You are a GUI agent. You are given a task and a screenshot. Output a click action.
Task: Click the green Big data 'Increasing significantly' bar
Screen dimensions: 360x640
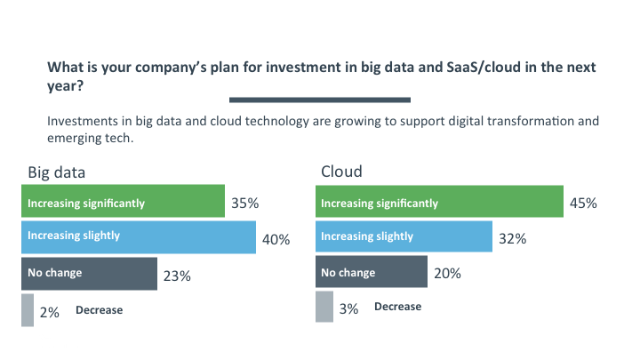[x=123, y=201]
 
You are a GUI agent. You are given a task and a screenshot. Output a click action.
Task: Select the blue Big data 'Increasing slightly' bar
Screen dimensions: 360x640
[x=138, y=237]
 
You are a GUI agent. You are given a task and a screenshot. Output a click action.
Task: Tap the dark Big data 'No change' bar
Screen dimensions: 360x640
[x=89, y=274]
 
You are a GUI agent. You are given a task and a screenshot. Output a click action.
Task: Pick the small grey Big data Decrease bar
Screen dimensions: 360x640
[x=27, y=309]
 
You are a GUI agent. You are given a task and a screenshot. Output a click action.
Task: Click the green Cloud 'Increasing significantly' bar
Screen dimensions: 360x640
[x=439, y=201]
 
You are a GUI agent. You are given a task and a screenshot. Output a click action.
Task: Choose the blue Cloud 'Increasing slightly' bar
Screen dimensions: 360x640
[x=404, y=237]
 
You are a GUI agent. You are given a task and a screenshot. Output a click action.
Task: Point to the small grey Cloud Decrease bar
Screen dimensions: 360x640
[x=324, y=307]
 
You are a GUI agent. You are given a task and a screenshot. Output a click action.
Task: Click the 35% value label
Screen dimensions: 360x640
[x=244, y=204]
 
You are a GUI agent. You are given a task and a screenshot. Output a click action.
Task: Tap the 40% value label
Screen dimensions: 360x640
[x=276, y=240]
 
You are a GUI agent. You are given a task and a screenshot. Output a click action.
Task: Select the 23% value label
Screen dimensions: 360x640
[x=178, y=276]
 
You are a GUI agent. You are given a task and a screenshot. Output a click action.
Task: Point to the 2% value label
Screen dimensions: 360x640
[x=49, y=313]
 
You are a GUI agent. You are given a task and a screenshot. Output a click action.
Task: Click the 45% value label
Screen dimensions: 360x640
[x=583, y=204]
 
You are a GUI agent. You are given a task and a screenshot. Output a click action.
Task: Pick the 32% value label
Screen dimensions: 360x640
[x=513, y=239]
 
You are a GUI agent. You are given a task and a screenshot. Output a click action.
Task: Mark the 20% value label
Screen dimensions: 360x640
[x=447, y=274]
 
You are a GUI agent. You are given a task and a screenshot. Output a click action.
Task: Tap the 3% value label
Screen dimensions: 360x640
[x=348, y=309]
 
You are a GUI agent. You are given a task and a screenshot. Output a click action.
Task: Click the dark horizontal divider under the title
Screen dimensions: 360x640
[x=320, y=100]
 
